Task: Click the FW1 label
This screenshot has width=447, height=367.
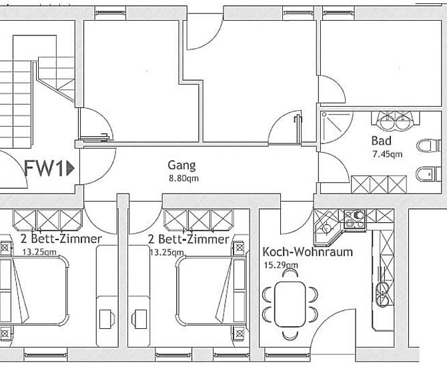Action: click(x=43, y=168)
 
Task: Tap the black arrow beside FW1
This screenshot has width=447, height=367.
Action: click(x=70, y=168)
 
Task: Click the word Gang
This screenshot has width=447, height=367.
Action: click(x=182, y=165)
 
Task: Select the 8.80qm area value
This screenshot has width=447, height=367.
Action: click(x=184, y=179)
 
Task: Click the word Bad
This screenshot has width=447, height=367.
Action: click(x=382, y=141)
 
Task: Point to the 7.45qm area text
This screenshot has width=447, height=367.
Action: click(x=388, y=154)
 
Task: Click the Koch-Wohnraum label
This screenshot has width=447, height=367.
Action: click(x=308, y=252)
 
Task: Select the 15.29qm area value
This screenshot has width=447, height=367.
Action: click(x=281, y=265)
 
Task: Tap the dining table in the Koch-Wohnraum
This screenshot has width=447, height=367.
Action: click(x=290, y=304)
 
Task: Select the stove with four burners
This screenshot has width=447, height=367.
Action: click(x=355, y=219)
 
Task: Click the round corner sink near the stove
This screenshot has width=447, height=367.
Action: click(x=327, y=228)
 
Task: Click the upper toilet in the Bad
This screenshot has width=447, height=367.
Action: click(x=429, y=145)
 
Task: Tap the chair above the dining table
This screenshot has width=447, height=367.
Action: click(x=290, y=274)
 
